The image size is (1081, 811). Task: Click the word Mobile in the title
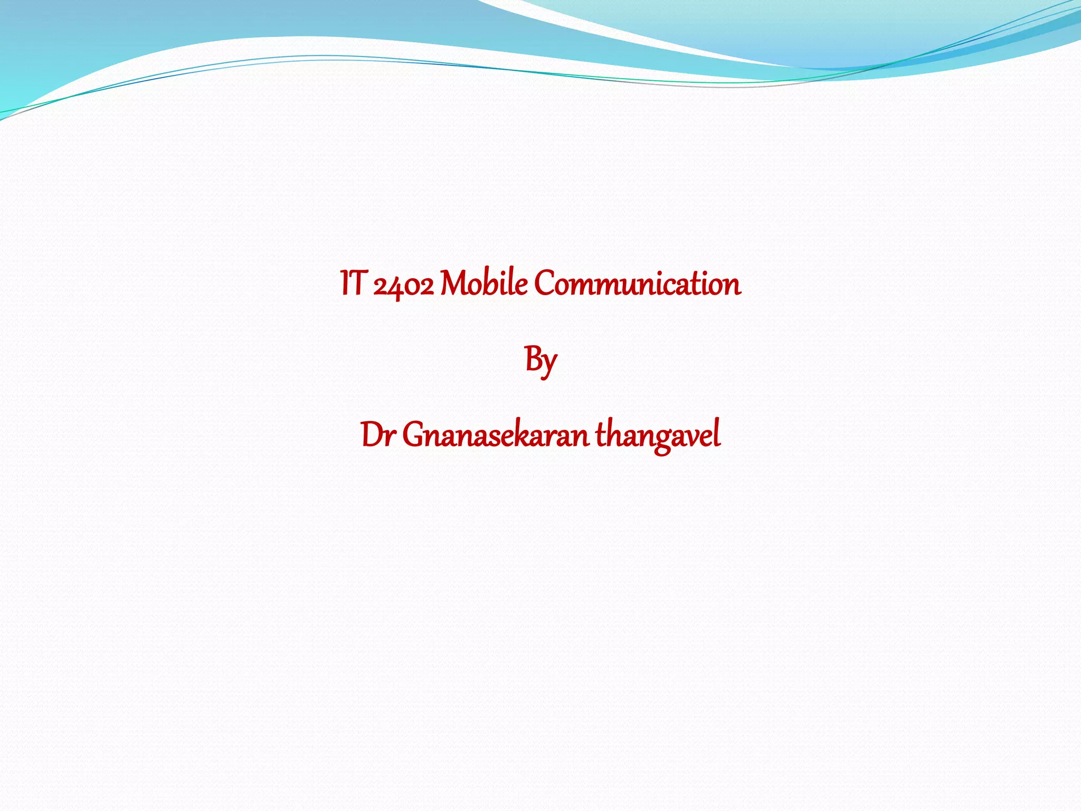[x=483, y=284]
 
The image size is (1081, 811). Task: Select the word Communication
[x=637, y=284]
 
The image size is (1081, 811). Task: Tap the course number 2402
[x=403, y=285]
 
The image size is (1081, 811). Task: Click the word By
[x=540, y=361]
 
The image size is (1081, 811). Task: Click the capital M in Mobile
[x=454, y=284]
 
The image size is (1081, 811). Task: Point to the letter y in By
[x=548, y=364]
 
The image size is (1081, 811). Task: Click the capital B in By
[x=532, y=359]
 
